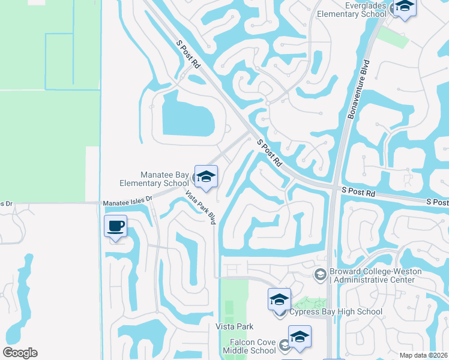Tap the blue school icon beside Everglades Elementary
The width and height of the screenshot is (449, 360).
[x=405, y=7]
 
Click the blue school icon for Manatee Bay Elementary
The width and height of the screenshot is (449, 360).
[x=206, y=176]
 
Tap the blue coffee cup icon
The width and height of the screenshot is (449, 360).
[x=115, y=226]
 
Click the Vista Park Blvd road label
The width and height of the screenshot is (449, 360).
[x=200, y=208]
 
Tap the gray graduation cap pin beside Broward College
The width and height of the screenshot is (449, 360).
[x=321, y=274]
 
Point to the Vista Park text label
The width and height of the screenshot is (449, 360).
[x=234, y=326]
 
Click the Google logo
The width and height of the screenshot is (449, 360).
[x=20, y=353]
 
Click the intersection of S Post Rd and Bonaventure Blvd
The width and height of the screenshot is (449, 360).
[x=333, y=188]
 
